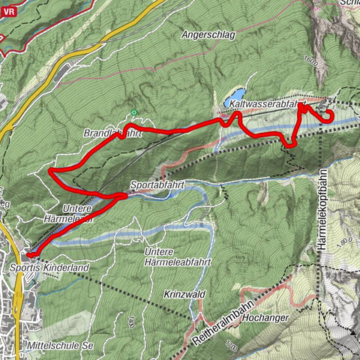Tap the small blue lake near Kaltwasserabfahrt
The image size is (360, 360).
[x=226, y=100]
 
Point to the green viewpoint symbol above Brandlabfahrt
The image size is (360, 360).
[x=134, y=113]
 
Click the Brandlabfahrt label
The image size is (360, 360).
[x=112, y=133]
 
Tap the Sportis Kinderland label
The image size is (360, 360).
[x=49, y=267]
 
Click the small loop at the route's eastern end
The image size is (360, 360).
[x=327, y=115]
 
